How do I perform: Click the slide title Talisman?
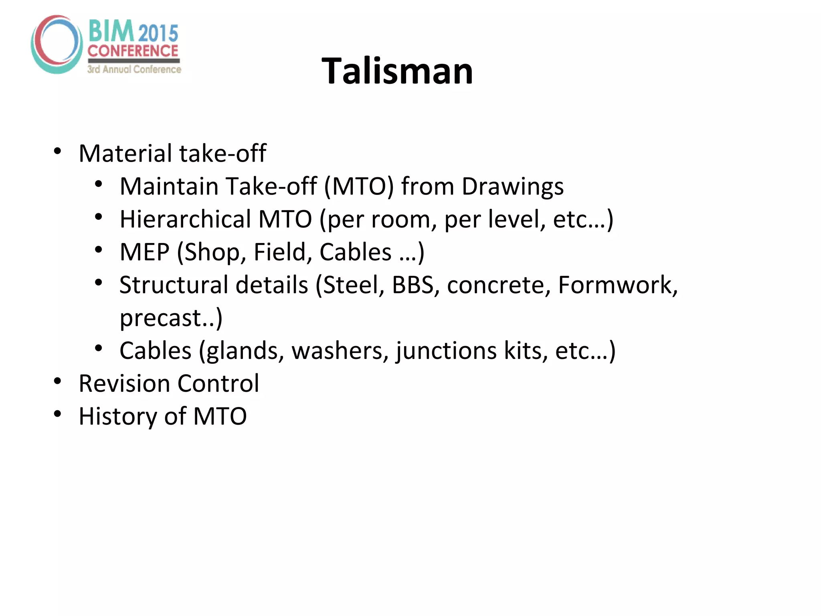[x=397, y=71]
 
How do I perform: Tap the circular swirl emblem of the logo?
[x=57, y=44]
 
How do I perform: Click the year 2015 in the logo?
[x=158, y=33]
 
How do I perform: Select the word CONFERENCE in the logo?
[x=133, y=51]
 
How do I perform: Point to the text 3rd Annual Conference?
[x=134, y=69]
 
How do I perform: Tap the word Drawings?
[x=512, y=186]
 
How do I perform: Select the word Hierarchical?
[x=186, y=219]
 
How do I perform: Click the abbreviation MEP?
[x=144, y=252]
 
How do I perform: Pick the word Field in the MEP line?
[x=283, y=252]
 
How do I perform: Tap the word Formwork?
[x=618, y=285]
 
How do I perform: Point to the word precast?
[x=160, y=318]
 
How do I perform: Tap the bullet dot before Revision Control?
[x=57, y=381]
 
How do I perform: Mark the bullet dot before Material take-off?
[x=57, y=151]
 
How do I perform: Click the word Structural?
[x=174, y=285]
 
